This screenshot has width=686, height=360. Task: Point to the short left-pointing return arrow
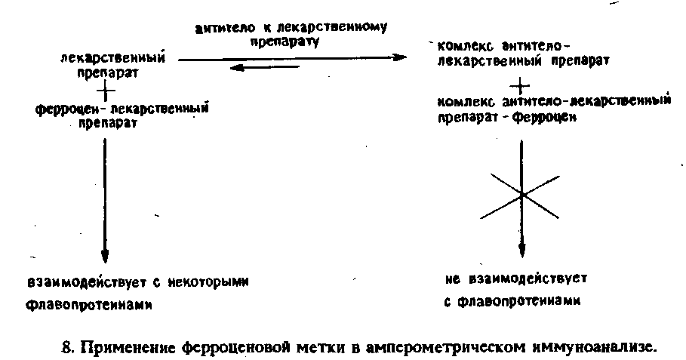(263, 67)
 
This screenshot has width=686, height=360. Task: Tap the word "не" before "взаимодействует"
(451, 278)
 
